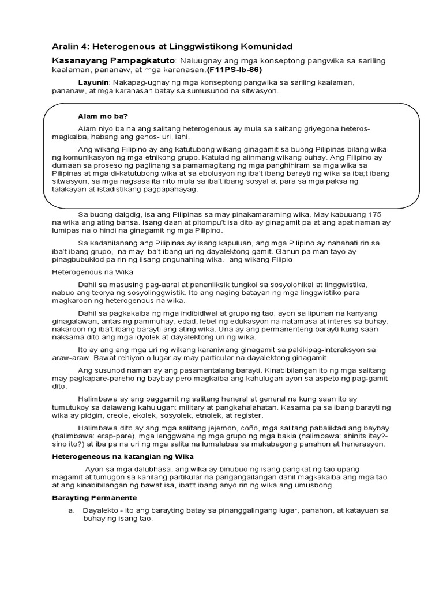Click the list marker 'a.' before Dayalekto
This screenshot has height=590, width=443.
pyautogui.click(x=72, y=510)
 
